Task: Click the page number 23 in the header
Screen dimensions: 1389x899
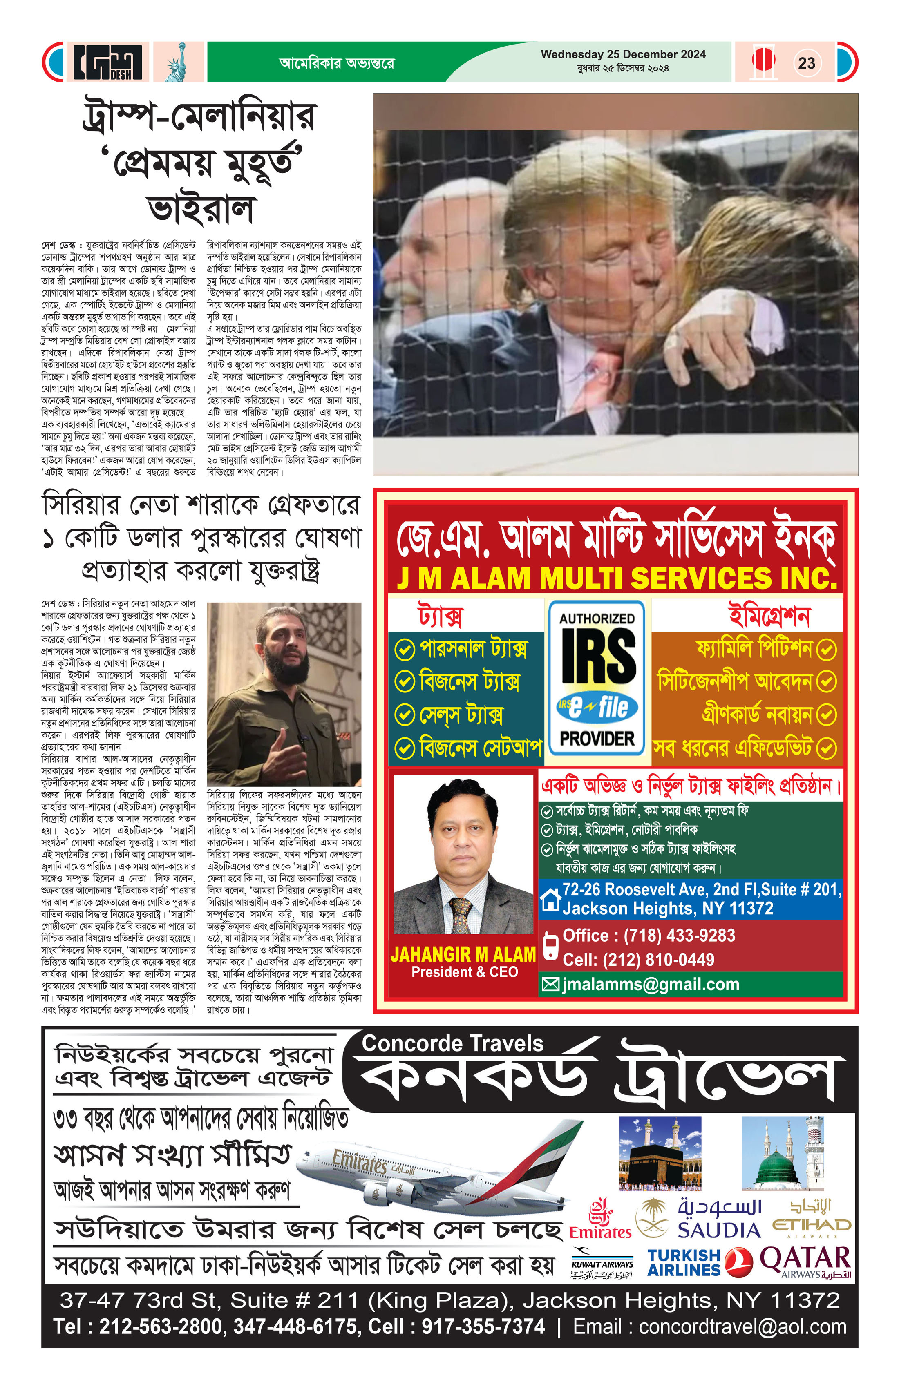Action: (x=806, y=63)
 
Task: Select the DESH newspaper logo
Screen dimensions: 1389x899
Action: (x=108, y=62)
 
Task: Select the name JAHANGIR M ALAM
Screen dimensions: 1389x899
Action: (x=463, y=954)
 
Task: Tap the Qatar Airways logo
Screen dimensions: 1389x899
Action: (x=805, y=1262)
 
